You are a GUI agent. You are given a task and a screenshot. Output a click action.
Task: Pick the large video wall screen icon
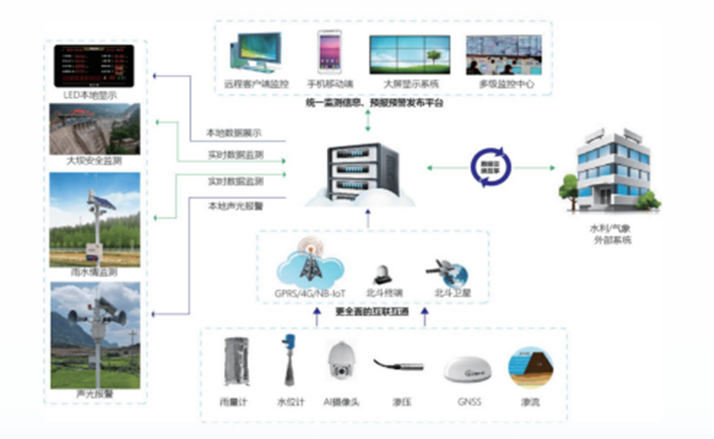click(x=411, y=54)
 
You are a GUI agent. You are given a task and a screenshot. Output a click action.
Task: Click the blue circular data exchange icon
click(x=489, y=169)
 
